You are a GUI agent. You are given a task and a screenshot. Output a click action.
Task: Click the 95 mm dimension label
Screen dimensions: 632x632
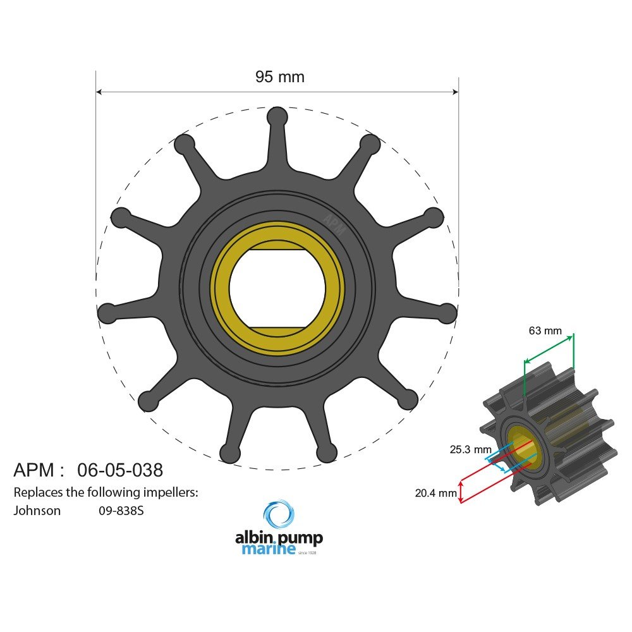[x=280, y=76]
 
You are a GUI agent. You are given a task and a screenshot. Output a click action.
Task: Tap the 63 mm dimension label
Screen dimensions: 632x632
[x=545, y=331]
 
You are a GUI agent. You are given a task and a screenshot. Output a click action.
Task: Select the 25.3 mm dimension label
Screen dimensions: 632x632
[x=470, y=449]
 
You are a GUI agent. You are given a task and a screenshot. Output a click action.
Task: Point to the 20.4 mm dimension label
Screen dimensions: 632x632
[x=435, y=492]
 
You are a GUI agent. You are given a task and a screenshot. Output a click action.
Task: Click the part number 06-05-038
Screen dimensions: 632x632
[x=120, y=470]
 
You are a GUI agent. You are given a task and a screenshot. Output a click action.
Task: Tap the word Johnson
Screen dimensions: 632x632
[x=37, y=511]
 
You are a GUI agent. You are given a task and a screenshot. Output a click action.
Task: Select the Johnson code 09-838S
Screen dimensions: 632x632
[x=121, y=511]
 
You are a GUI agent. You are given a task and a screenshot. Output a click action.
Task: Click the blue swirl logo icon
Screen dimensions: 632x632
[x=279, y=514]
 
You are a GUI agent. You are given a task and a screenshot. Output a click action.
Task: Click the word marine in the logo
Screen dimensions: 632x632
[x=269, y=549]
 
